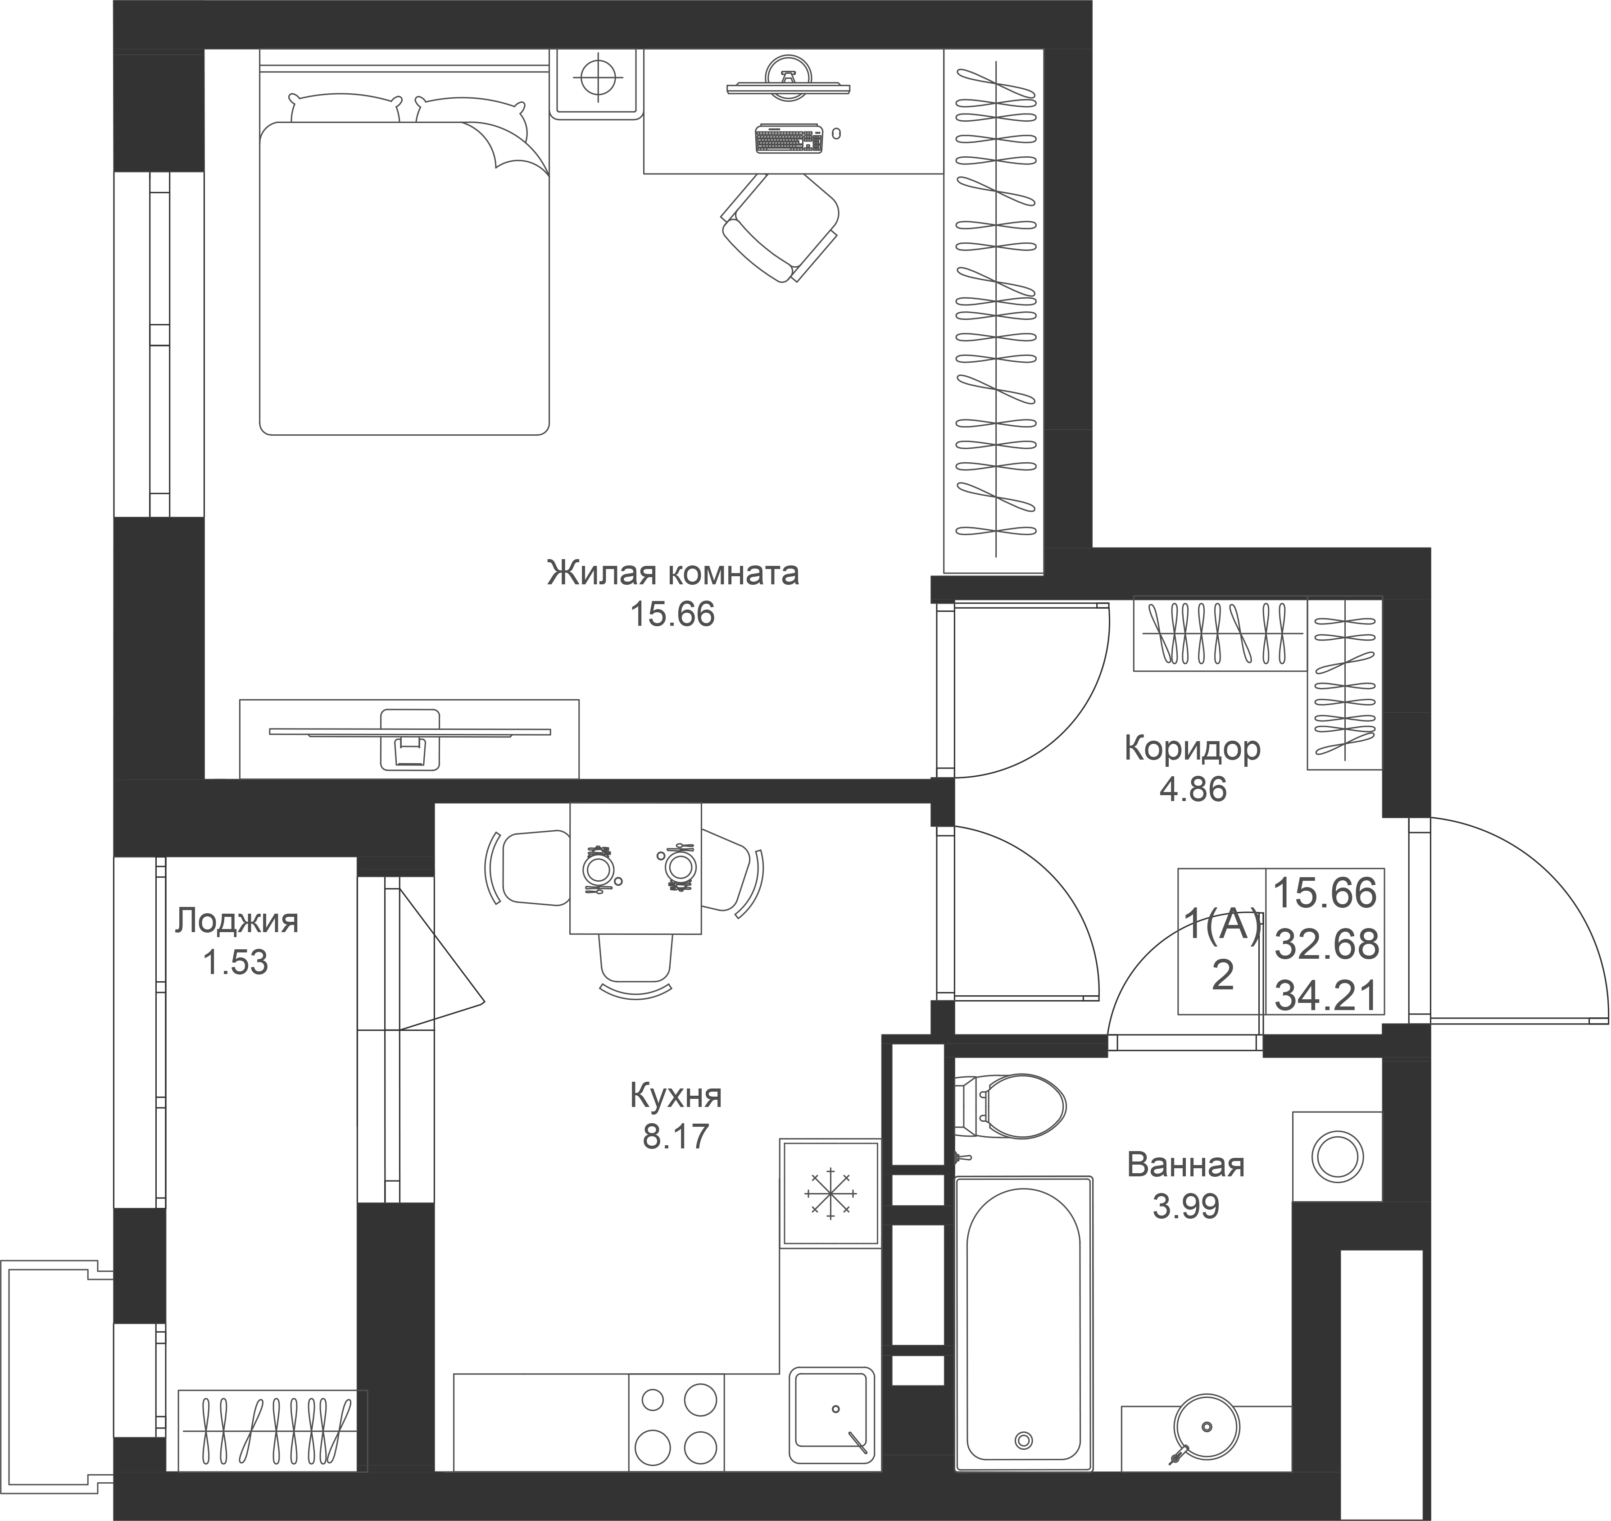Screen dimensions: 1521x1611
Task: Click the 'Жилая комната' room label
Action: pos(672,573)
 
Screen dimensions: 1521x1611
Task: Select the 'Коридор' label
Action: pos(1192,748)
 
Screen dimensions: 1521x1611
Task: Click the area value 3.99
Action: pos(1185,1207)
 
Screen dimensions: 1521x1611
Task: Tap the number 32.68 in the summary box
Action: pos(1326,944)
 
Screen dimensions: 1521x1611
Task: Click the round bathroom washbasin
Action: pos(1207,1427)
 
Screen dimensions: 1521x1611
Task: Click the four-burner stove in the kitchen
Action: pos(676,1422)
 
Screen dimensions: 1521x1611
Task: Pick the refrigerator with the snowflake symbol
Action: pos(830,1193)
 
